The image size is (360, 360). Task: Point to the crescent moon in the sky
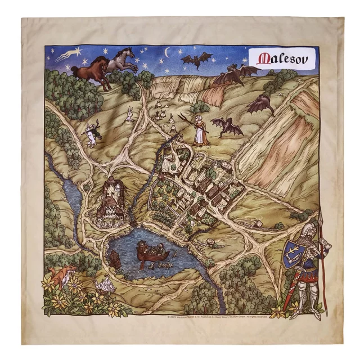point(167,52)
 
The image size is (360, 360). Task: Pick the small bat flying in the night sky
point(197,59)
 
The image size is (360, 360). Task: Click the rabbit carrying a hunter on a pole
point(91,134)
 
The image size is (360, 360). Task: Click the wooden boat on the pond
point(152,251)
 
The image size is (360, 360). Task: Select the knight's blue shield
point(294,253)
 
